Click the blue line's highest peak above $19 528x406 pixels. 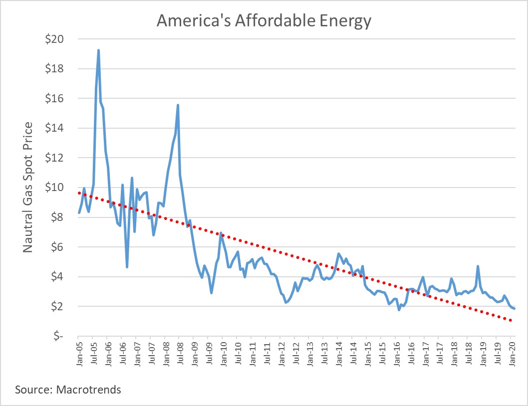[98, 50]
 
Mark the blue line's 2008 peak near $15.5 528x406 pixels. [178, 105]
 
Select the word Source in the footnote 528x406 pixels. [30, 390]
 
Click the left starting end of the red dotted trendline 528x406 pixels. [79, 193]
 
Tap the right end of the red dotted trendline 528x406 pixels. [512, 320]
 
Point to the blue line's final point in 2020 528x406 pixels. [514, 309]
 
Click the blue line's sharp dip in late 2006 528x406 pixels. [127, 267]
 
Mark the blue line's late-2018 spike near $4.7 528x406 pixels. [478, 266]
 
